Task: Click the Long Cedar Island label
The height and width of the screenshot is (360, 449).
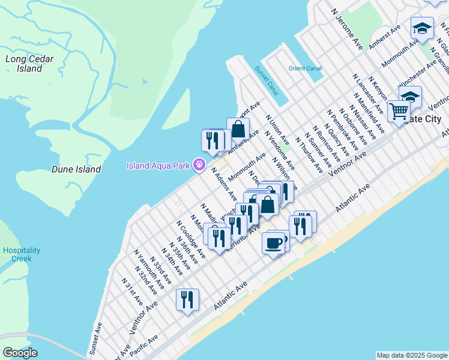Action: pos(29,64)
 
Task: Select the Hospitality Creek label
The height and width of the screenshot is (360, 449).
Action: pos(21,254)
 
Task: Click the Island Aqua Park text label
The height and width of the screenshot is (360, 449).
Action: pos(158,166)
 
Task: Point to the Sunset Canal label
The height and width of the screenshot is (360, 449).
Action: pos(267,80)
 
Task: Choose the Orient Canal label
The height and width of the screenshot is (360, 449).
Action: pos(305,68)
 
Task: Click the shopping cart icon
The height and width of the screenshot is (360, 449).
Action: pos(398,111)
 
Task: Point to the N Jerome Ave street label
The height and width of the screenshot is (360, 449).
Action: pos(348,29)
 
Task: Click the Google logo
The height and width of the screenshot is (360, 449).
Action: pos(20,353)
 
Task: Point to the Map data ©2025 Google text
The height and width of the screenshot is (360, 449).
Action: pos(412,355)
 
